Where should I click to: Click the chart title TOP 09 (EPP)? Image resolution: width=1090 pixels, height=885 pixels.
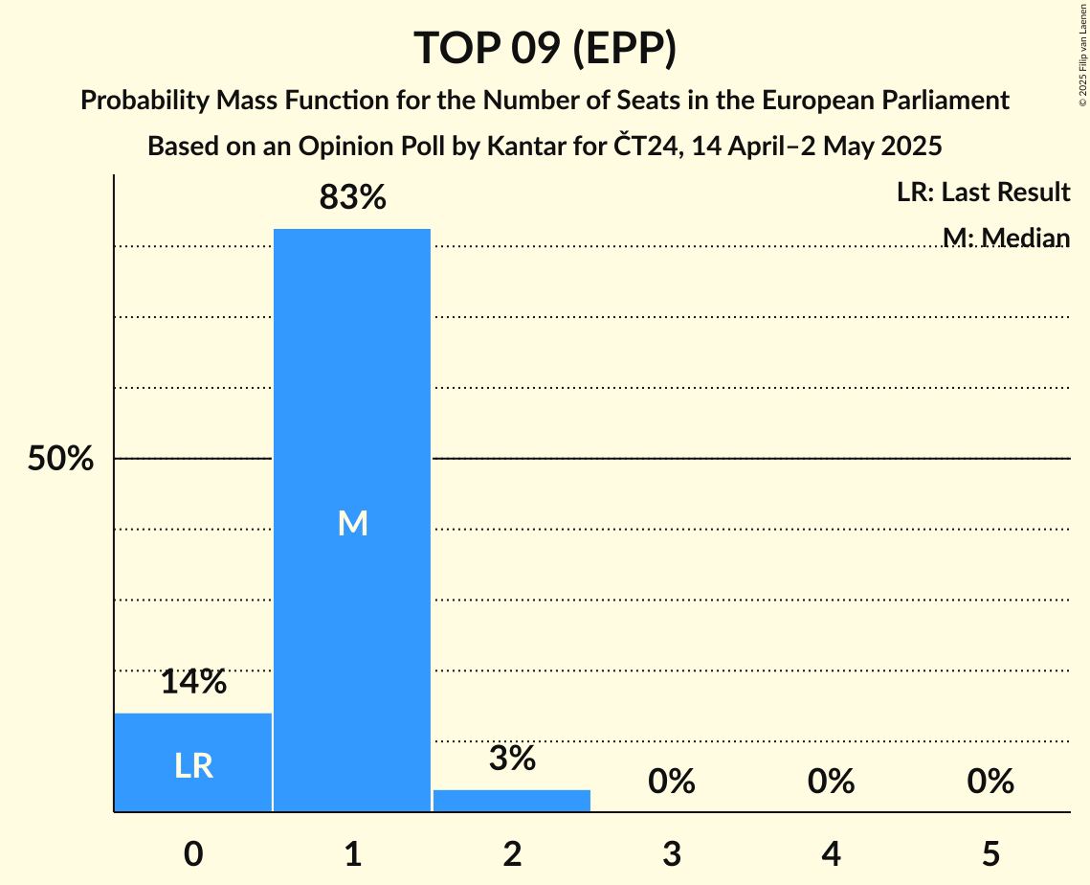click(545, 48)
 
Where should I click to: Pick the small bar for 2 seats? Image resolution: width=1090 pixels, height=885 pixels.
click(512, 801)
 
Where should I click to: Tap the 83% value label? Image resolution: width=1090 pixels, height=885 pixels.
click(352, 198)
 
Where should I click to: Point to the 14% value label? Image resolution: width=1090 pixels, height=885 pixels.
click(193, 682)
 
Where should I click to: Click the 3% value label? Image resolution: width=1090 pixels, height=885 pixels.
click(512, 759)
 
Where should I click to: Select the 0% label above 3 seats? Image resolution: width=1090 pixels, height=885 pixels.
click(671, 782)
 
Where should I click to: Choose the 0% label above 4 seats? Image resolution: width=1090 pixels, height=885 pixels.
click(831, 782)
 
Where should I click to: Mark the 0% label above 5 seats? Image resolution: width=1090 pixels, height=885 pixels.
click(990, 782)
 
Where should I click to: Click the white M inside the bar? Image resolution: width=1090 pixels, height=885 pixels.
click(352, 523)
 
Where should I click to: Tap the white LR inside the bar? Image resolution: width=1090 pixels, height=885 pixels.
click(193, 766)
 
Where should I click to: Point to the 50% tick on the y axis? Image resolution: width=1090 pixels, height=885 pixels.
click(60, 460)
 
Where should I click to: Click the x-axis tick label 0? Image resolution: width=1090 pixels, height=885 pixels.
click(193, 853)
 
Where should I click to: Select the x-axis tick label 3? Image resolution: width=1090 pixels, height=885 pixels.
click(671, 853)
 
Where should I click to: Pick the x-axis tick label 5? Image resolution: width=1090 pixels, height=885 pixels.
click(990, 853)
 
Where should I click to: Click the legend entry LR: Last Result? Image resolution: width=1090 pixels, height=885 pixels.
click(983, 193)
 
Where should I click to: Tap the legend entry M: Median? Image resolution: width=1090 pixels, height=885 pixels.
click(1005, 238)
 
